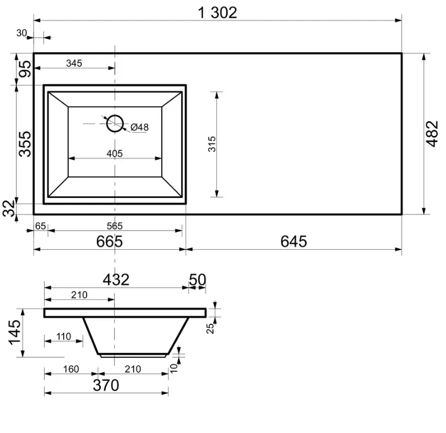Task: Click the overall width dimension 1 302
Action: click(x=217, y=13)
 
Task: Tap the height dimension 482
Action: click(x=432, y=134)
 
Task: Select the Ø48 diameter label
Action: click(x=139, y=127)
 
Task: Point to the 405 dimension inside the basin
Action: click(x=114, y=153)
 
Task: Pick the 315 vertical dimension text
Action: click(x=212, y=144)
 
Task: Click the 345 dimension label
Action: click(x=74, y=63)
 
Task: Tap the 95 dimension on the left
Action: click(x=25, y=69)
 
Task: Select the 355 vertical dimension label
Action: click(x=25, y=144)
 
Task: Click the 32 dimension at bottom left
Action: click(x=9, y=208)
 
